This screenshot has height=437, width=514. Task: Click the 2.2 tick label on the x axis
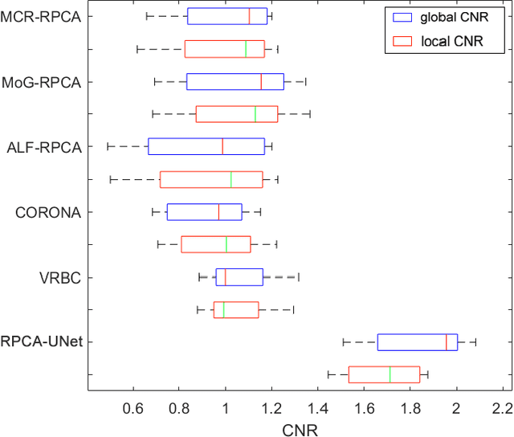coord(503,408)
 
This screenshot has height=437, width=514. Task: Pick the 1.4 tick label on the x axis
coord(318,408)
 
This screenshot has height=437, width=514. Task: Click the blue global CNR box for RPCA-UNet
coord(417,342)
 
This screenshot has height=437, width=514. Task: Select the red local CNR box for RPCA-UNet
coord(384,374)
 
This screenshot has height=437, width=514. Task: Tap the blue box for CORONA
coord(204,212)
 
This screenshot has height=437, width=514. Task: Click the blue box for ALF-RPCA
coord(206,146)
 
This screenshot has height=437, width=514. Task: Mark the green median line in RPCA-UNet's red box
coord(390,374)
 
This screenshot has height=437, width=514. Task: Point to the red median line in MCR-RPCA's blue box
coord(249,16)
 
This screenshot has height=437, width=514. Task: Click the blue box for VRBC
coord(239,277)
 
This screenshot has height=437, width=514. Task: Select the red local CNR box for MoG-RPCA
coord(237,114)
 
